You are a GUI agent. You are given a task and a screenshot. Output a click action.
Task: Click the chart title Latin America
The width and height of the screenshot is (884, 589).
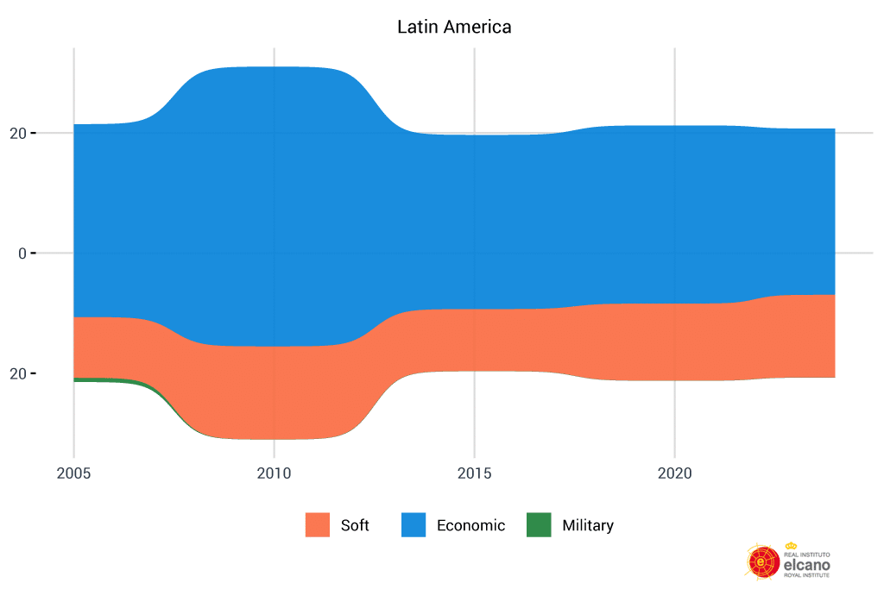(x=454, y=27)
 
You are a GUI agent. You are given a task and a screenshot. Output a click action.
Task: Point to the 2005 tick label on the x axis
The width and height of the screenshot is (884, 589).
(x=73, y=473)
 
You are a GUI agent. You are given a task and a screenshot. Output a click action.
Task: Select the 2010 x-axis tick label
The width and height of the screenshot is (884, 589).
(x=274, y=473)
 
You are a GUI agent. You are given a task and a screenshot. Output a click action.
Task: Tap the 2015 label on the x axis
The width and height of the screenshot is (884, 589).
(x=474, y=473)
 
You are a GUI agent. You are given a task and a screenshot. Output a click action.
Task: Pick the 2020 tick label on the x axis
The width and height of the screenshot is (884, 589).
(x=674, y=473)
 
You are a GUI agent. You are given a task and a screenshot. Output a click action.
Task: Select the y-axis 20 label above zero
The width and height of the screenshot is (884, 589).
(x=18, y=134)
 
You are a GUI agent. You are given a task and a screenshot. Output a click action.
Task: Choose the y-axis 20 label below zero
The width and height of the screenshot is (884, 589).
(x=18, y=374)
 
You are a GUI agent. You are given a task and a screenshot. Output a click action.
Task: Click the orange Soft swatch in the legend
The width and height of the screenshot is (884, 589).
(x=318, y=525)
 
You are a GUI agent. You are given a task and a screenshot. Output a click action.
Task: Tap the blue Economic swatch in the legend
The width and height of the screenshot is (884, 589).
(x=414, y=525)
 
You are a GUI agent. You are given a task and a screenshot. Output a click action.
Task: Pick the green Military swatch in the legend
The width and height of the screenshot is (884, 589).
(x=539, y=525)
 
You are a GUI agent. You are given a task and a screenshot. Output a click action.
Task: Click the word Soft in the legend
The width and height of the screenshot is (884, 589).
(x=355, y=525)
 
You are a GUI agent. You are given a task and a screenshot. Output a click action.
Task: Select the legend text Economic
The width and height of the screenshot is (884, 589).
(x=470, y=525)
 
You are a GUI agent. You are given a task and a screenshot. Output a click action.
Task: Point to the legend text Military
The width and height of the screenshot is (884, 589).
(x=587, y=525)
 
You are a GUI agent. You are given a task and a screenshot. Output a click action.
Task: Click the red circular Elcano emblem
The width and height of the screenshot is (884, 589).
(x=762, y=561)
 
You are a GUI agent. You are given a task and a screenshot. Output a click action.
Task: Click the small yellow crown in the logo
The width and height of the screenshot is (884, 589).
(x=791, y=546)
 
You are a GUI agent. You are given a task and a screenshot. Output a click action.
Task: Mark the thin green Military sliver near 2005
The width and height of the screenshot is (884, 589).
(x=86, y=379)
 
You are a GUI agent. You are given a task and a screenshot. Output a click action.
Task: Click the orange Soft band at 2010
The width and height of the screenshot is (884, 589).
(x=274, y=392)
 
